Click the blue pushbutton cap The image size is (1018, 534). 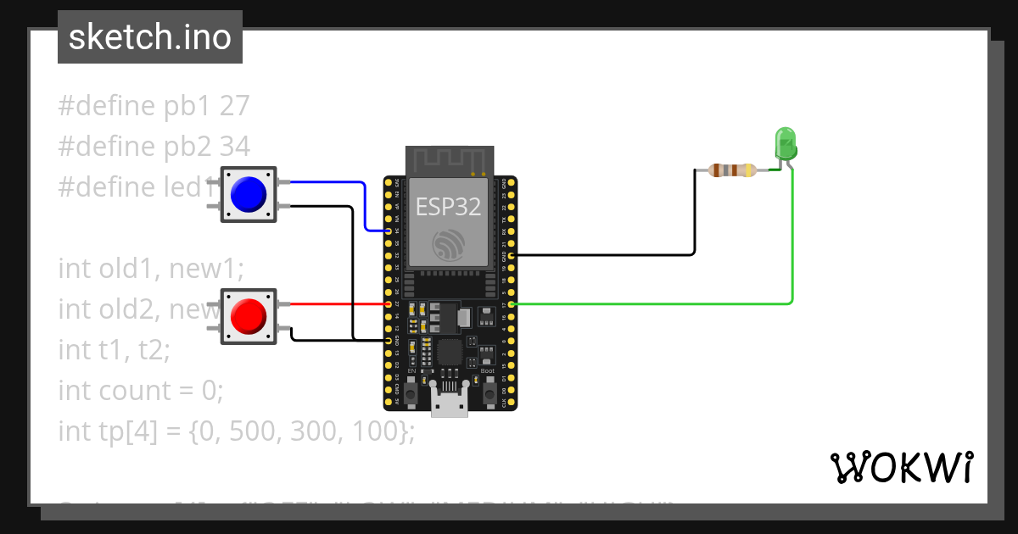[249, 194]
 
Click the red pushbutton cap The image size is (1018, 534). [249, 315]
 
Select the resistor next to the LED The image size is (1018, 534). [732, 170]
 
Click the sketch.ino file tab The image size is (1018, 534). [150, 37]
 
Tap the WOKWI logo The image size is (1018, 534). [901, 467]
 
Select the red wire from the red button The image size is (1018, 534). [339, 303]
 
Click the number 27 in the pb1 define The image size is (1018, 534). [234, 106]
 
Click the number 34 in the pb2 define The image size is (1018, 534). [234, 147]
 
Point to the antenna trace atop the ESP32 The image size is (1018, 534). [450, 160]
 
